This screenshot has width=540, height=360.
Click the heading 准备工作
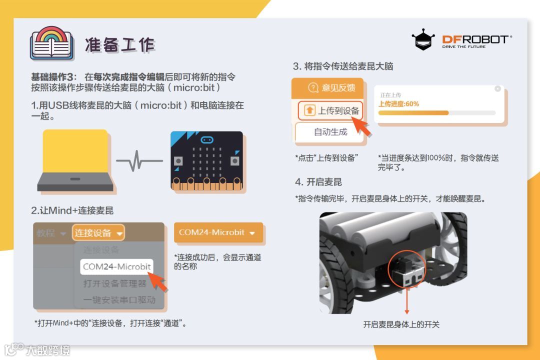pyautogui.click(x=120, y=45)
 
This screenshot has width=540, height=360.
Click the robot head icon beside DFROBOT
pyautogui.click(x=423, y=39)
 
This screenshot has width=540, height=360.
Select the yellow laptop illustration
pyautogui.click(x=75, y=160)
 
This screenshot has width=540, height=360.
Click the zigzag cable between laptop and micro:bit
pyautogui.click(x=139, y=160)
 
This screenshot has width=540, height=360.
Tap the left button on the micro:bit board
pyautogui.click(x=178, y=161)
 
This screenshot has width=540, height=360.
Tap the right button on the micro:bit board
pyautogui.click(x=235, y=161)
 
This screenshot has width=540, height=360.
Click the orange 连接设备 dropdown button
pyautogui.click(x=98, y=232)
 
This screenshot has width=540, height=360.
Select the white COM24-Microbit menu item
pyautogui.click(x=116, y=266)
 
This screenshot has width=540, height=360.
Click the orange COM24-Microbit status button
pyautogui.click(x=218, y=232)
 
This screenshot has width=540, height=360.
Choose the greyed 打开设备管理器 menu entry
pyautogui.click(x=114, y=283)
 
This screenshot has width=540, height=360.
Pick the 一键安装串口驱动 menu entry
pyautogui.click(x=119, y=299)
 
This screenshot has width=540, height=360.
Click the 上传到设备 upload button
pyautogui.click(x=330, y=110)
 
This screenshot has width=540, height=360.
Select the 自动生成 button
pyautogui.click(x=330, y=132)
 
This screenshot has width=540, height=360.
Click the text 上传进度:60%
pyautogui.click(x=398, y=104)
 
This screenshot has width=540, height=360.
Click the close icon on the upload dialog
pyautogui.click(x=497, y=88)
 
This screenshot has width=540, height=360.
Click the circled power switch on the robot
pyautogui.click(x=407, y=269)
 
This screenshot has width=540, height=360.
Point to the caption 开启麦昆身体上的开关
pyautogui.click(x=401, y=324)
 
